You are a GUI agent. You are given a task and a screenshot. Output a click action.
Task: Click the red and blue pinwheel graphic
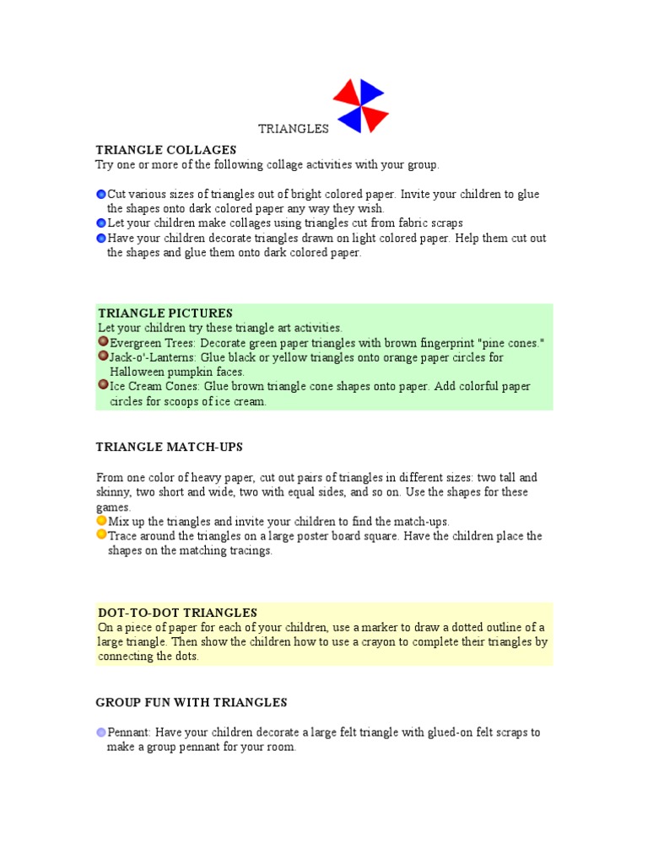(x=360, y=106)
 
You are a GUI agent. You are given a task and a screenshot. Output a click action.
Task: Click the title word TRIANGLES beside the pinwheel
(x=293, y=129)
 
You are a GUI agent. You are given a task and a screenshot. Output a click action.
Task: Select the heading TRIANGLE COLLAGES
(x=165, y=150)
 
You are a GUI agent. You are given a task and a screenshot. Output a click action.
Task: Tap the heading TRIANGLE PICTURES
(x=165, y=314)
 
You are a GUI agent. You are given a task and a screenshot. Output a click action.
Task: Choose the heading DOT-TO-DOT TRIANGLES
(x=178, y=613)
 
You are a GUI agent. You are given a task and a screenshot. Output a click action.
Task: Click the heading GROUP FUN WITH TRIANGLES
(x=192, y=702)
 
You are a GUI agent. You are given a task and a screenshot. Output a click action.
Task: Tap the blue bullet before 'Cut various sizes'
(x=101, y=195)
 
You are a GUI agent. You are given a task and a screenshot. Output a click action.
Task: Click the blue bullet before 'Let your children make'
(x=101, y=223)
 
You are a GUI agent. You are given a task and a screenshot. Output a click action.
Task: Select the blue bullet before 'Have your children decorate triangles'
(x=101, y=239)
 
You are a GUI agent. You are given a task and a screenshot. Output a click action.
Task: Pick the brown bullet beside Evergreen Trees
(x=103, y=341)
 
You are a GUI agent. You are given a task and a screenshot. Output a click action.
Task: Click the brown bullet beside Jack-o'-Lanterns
(x=103, y=356)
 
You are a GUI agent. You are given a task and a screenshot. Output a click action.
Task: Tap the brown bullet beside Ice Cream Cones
(x=103, y=385)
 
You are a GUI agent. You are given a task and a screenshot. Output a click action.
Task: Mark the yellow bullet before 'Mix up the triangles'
(x=101, y=521)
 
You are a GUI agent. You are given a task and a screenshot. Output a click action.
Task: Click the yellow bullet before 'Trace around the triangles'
(x=101, y=535)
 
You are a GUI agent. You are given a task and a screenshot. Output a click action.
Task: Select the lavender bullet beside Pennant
(x=101, y=732)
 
